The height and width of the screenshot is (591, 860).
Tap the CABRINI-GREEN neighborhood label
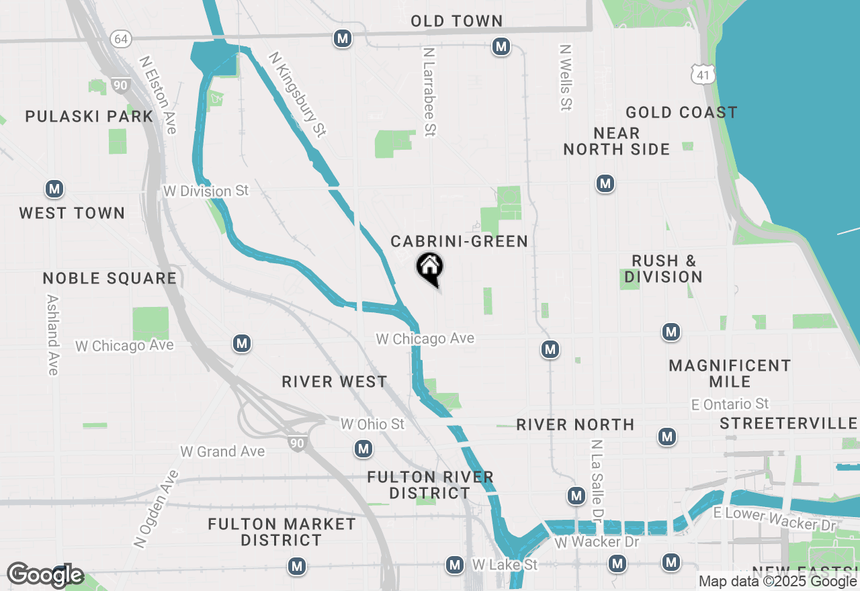tap(460, 241)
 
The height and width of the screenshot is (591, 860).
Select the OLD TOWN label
tap(457, 21)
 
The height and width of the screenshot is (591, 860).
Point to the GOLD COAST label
tap(681, 112)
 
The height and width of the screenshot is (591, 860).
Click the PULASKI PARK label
tap(89, 116)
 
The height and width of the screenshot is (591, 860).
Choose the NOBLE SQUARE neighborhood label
tap(110, 278)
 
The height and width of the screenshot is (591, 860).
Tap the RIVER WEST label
tap(335, 381)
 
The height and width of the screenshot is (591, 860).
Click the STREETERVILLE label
tap(789, 424)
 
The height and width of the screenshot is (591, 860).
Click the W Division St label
tap(206, 191)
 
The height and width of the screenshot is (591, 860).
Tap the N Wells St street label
tap(566, 77)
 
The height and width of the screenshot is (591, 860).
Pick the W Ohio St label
tap(372, 424)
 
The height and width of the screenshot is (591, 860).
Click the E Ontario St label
tap(730, 404)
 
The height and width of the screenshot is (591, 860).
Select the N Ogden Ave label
tap(157, 508)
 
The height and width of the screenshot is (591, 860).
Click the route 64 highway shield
tap(121, 38)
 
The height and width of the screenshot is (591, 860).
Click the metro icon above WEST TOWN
tap(54, 189)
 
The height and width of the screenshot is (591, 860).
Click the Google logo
tap(45, 575)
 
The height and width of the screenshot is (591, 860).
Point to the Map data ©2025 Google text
tap(778, 581)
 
